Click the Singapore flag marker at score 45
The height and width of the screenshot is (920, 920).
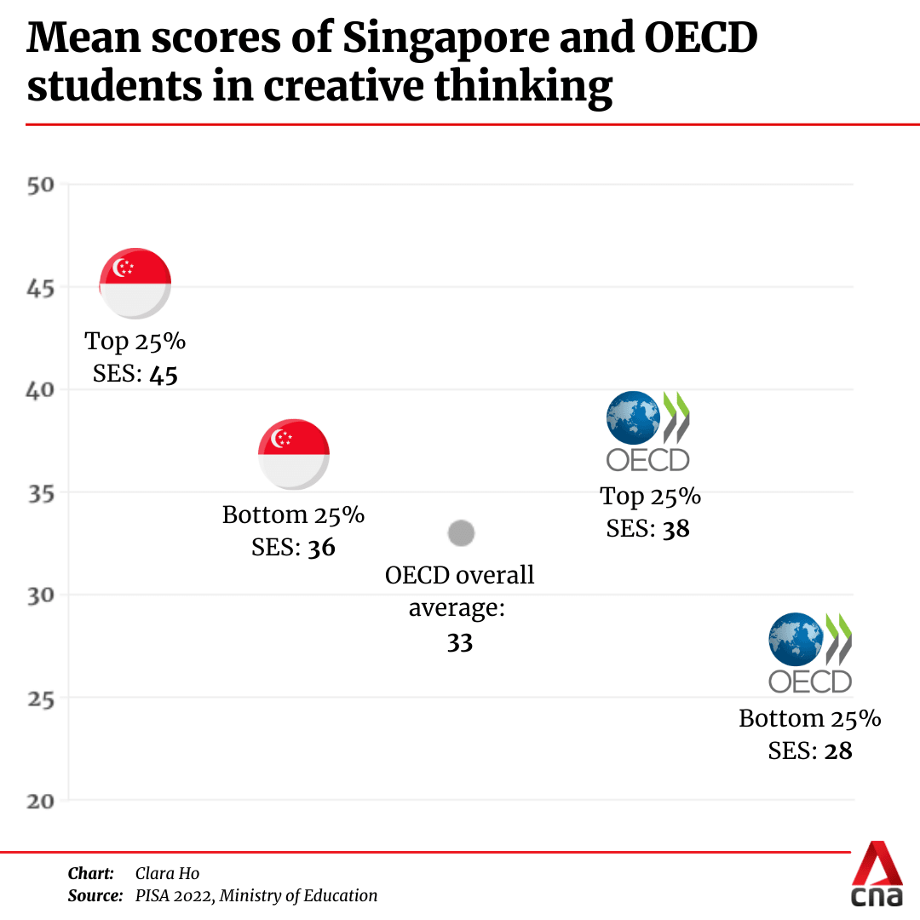point(135,284)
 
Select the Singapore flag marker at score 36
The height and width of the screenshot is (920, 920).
point(294,454)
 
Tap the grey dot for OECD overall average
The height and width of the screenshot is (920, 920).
point(461,534)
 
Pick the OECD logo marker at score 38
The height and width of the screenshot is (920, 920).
point(647,431)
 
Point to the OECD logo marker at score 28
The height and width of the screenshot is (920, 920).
point(810,653)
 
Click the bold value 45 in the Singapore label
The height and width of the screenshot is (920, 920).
point(164,375)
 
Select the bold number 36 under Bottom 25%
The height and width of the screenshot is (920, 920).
point(322,548)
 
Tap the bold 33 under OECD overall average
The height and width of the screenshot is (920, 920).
point(460,642)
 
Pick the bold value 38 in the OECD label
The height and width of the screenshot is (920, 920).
point(676,529)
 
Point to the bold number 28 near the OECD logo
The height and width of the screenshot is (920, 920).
point(838,751)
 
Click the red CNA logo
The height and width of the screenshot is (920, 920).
point(877,875)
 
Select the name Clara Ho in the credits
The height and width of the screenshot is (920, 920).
point(167,873)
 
